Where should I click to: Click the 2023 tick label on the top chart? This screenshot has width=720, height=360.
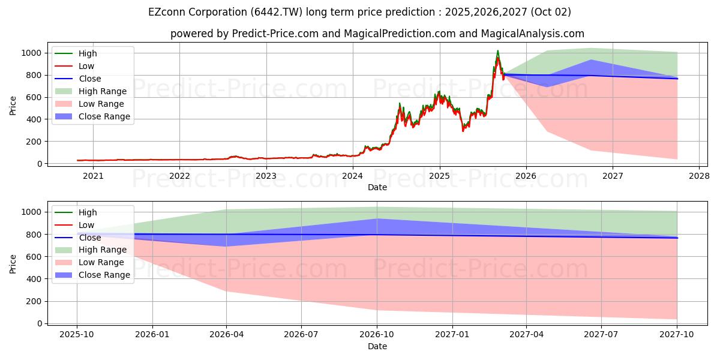(x=266, y=176)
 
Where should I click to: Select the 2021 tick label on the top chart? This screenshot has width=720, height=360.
(x=93, y=176)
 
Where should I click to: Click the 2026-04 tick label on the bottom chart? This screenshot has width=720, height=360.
(x=226, y=335)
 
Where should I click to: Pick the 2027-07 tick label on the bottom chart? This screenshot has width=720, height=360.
(x=602, y=335)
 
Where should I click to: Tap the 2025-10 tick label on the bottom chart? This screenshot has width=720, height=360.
(x=77, y=335)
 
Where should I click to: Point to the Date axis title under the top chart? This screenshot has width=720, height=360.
(x=377, y=187)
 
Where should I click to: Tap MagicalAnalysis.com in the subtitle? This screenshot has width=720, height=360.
(x=533, y=34)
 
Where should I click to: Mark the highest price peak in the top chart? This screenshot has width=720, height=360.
(x=497, y=51)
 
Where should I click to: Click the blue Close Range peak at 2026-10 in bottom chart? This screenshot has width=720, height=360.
(x=377, y=219)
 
